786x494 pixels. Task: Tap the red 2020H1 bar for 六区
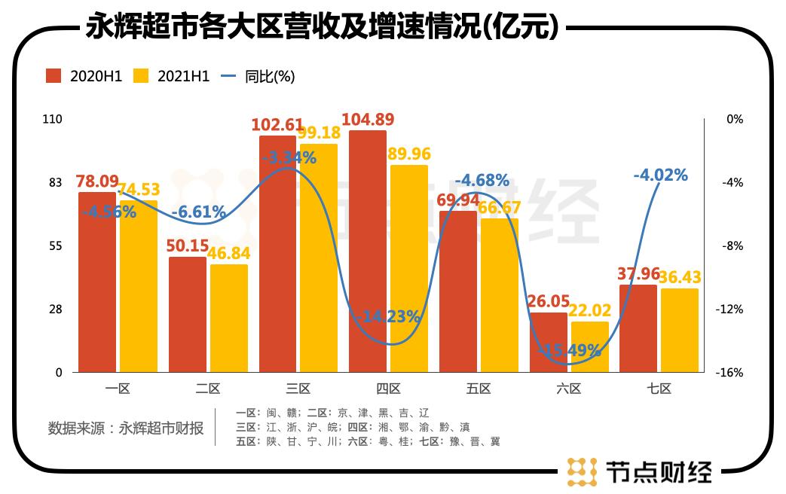tap(548, 342)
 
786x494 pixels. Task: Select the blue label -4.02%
tap(661, 175)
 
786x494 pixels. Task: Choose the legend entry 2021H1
tap(171, 76)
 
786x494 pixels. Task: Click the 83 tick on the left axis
tap(57, 183)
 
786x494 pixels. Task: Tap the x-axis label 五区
tap(479, 389)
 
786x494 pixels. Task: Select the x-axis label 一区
tap(118, 389)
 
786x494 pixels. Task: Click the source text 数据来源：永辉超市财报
tap(126, 428)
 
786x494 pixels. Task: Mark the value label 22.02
tap(589, 310)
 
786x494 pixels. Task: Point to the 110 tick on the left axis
tap(55, 119)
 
